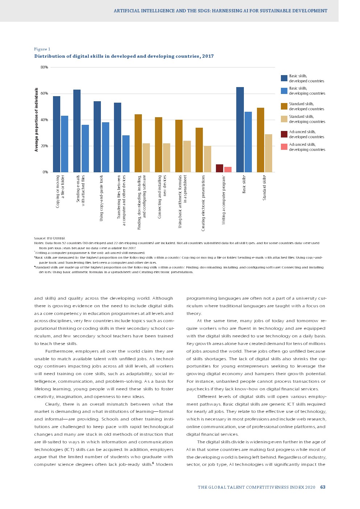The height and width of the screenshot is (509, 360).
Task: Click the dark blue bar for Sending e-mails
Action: click(77, 131)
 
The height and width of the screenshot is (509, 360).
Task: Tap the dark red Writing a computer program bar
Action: click(220, 168)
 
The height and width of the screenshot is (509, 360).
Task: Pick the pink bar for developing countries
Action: click(228, 169)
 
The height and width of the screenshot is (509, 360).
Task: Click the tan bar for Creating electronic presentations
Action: click(208, 159)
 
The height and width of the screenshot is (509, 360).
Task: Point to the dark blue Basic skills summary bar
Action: click(240, 130)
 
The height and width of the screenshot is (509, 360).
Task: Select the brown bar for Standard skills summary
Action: click(261, 140)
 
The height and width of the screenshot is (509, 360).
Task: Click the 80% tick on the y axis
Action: click(44, 67)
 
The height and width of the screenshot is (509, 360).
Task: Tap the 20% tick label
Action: click(44, 146)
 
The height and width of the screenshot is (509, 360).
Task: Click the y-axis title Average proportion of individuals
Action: click(36, 119)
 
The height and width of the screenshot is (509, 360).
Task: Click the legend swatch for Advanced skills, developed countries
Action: click(284, 134)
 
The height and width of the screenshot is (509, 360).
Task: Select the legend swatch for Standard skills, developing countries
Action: click(284, 119)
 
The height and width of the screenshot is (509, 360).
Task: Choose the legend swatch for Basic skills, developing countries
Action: click(284, 91)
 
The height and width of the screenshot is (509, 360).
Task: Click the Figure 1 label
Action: click(42, 49)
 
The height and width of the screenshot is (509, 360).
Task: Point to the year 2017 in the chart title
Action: click(208, 56)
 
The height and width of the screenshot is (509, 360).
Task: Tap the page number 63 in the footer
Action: click(323, 487)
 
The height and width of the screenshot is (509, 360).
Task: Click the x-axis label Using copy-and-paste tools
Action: click(102, 198)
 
